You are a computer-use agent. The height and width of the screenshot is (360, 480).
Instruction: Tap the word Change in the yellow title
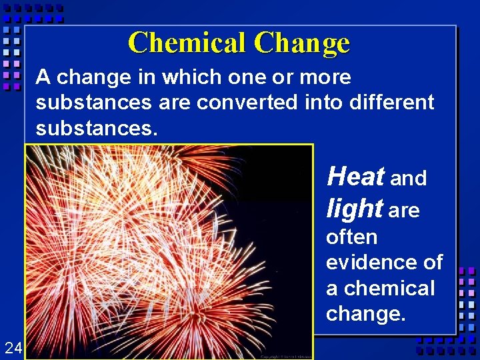301,44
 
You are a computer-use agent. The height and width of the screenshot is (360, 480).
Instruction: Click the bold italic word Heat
355,177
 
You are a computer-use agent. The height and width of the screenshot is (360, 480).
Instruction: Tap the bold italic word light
354,209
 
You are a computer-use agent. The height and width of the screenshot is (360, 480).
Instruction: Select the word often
351,237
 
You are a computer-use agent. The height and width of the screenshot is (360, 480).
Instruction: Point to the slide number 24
13,347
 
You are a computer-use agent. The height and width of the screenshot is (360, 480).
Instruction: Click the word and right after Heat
409,179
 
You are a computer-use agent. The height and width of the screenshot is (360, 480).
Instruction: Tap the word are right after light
404,211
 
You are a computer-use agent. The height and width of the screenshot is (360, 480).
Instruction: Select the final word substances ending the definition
96,127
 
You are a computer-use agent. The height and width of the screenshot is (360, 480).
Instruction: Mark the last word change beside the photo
365,314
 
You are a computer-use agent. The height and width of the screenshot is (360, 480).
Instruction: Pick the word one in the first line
247,77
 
